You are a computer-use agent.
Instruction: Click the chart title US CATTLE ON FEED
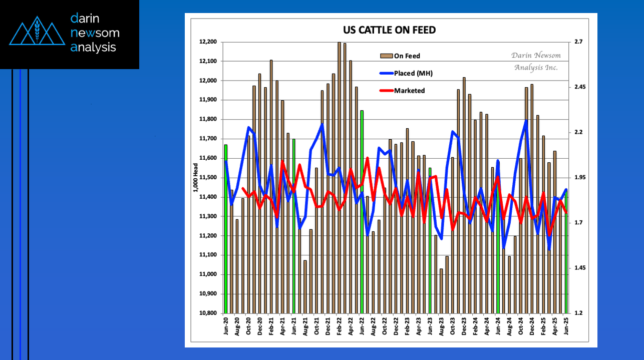pos(389,30)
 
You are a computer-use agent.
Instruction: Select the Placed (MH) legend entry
pos(413,73)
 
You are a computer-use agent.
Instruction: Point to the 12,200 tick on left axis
pos(208,42)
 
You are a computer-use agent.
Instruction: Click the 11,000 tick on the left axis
pos(208,274)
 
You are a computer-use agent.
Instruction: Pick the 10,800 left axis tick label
pos(208,313)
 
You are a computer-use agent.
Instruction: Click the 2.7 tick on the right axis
pos(578,42)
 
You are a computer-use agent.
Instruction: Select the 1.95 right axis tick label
pos(580,178)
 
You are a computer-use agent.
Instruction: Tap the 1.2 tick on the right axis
pos(578,313)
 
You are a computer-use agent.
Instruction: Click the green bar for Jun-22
pos(362,210)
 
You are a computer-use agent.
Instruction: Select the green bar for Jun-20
pos(226,228)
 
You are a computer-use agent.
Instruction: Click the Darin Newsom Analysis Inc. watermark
pos(536,61)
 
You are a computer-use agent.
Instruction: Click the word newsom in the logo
pos(95,33)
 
